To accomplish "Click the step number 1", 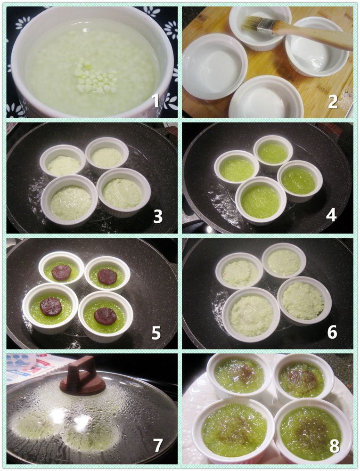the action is coord(155,100).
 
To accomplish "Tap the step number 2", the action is coord(333,102).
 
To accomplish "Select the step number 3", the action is coord(158,216).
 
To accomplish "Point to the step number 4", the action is coord(331,215).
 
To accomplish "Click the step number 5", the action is coord(156,333).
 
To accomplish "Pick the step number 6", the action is coord(332,333).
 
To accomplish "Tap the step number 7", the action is coord(158,446).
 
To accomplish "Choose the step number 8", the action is coord(334,447).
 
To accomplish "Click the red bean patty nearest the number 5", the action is coord(105,316).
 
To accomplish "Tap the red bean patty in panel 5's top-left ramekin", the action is coord(61,273).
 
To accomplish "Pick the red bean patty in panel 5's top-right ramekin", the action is coord(107,276).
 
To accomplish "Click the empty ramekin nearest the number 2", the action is coord(266,97).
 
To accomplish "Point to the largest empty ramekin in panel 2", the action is coord(214,66).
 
